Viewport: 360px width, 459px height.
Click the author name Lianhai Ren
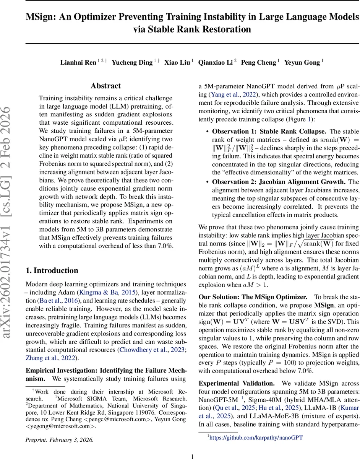point(78,62)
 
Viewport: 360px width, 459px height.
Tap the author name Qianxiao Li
point(215,62)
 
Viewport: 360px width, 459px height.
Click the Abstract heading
point(106,86)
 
